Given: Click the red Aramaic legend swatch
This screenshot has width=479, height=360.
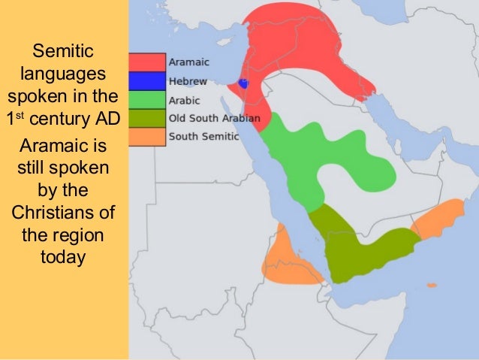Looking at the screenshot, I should (x=146, y=62).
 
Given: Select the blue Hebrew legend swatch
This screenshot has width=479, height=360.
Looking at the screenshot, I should (x=146, y=81).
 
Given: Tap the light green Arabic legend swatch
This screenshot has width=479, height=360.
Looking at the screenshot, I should (x=146, y=100).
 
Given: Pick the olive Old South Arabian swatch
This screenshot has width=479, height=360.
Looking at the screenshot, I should (x=146, y=119).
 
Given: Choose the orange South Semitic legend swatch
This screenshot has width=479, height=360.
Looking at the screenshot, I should (x=146, y=137).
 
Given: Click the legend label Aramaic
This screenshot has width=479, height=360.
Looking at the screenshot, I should (x=189, y=62).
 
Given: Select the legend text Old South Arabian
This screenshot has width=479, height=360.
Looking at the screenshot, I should (x=215, y=119).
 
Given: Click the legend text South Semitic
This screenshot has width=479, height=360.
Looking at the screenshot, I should (x=203, y=137).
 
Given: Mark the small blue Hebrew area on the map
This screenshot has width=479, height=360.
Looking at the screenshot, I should (x=243, y=84).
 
